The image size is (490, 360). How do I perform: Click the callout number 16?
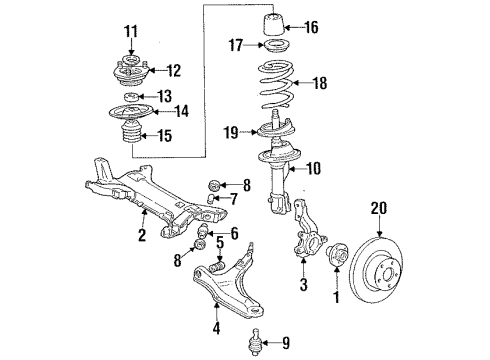click(311, 27)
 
